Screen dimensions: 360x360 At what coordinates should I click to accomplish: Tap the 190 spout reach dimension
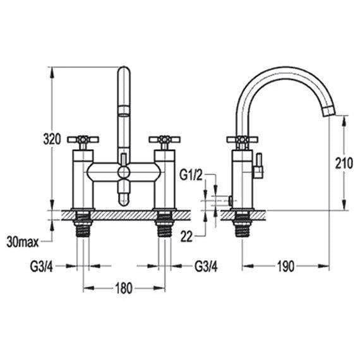[x=286, y=266]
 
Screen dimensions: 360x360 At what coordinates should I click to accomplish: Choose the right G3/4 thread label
[x=206, y=266]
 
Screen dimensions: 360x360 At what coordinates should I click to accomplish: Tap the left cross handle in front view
[x=83, y=140]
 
